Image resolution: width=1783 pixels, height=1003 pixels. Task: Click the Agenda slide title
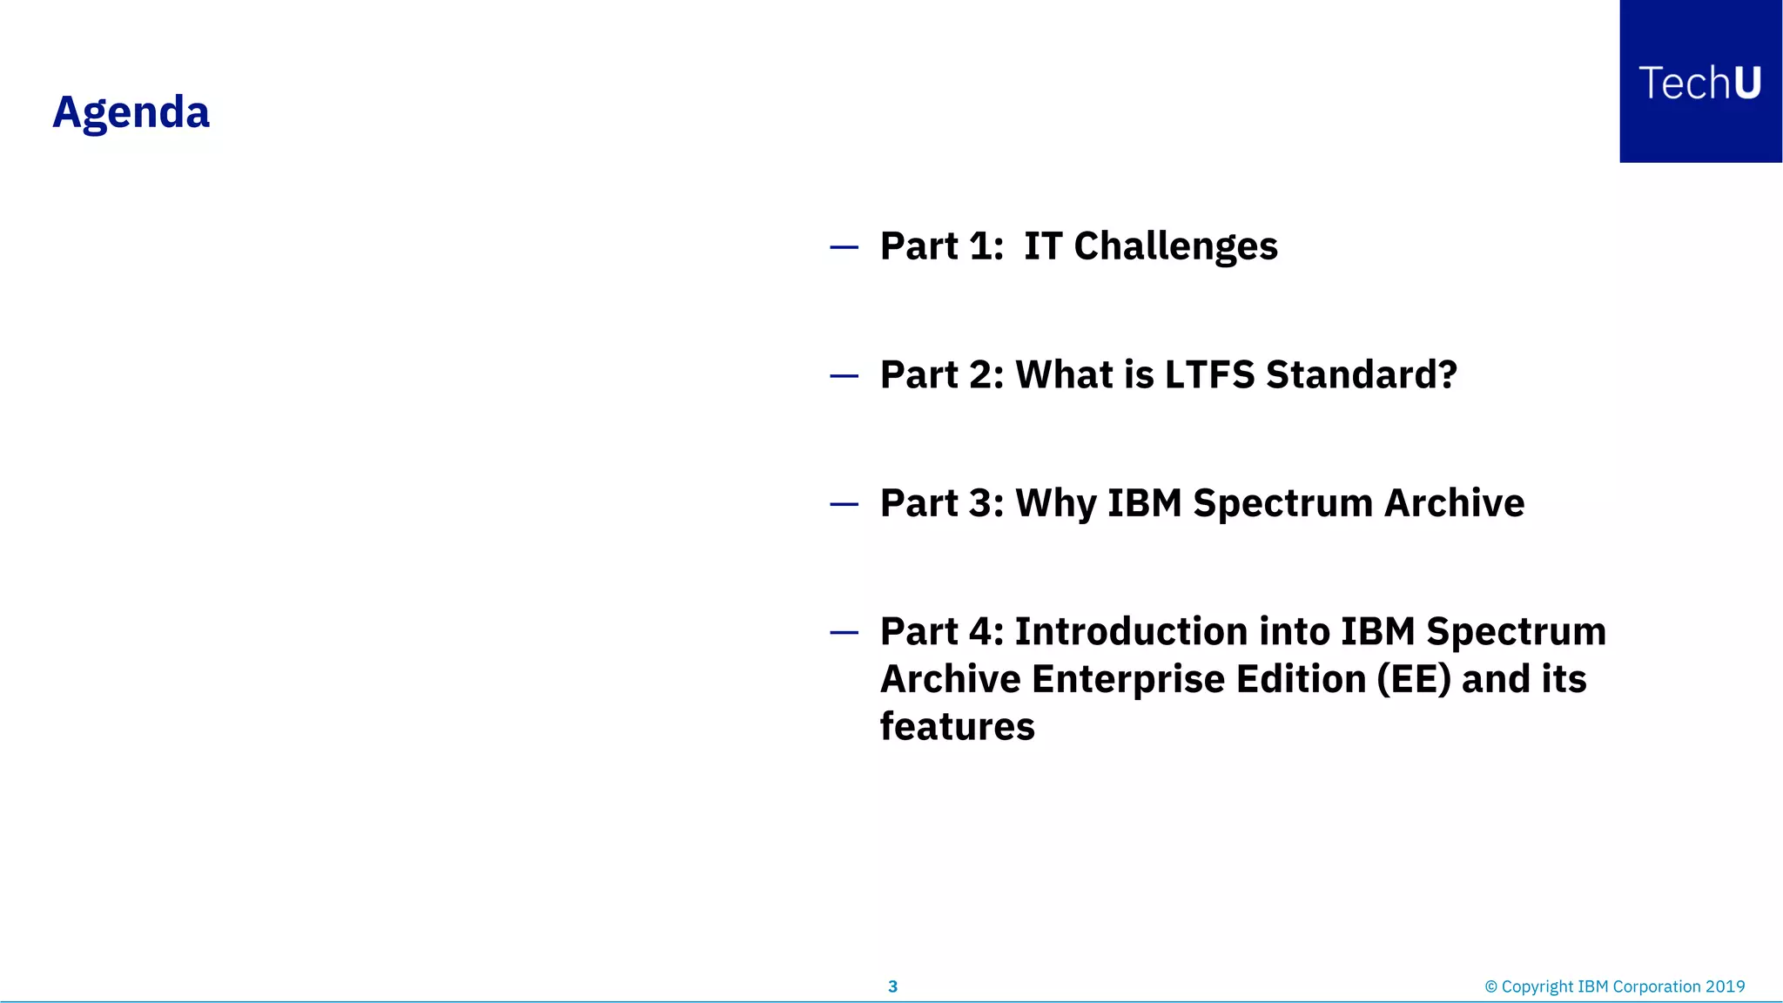click(x=131, y=113)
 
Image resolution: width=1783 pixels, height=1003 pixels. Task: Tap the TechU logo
click(x=1699, y=83)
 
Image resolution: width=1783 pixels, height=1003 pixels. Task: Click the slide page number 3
click(x=892, y=986)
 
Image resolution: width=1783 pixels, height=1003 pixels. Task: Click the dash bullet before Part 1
click(x=844, y=248)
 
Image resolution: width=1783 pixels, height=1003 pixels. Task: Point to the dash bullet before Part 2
click(x=844, y=376)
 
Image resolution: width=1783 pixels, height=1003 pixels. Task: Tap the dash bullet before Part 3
click(x=844, y=504)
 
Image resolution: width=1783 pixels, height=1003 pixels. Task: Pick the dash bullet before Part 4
click(x=844, y=633)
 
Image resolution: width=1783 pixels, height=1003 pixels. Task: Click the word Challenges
click(x=1175, y=246)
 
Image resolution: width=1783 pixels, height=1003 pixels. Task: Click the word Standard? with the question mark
click(x=1361, y=375)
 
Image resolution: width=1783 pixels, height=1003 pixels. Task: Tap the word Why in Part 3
click(x=1055, y=504)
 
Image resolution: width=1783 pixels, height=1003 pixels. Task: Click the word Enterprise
click(x=1127, y=680)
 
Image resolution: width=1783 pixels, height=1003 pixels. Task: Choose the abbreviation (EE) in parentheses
click(x=1414, y=680)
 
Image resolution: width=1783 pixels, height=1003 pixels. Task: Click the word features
click(x=957, y=727)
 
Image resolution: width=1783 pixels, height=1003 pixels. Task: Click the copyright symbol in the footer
click(x=1490, y=986)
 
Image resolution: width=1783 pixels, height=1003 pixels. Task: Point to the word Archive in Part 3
click(x=1454, y=504)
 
